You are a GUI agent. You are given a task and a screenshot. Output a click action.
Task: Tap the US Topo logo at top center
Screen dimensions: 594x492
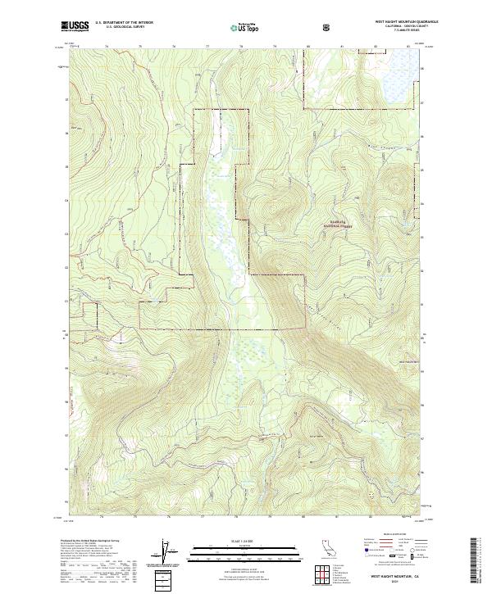pyautogui.click(x=244, y=27)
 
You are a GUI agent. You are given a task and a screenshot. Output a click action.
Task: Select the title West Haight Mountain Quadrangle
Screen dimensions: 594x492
pyautogui.click(x=397, y=22)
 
